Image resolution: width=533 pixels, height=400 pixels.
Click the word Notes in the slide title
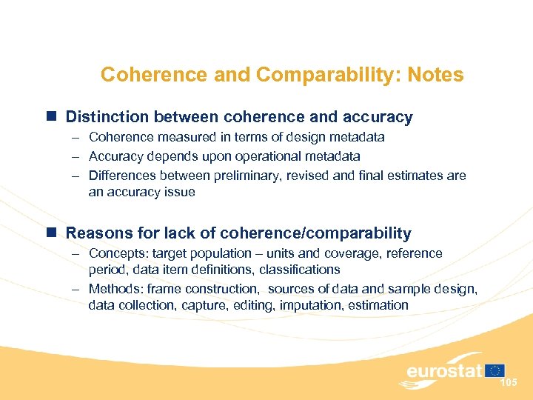435,75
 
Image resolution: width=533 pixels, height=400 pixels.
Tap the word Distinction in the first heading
104,117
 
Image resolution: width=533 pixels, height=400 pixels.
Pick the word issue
180,193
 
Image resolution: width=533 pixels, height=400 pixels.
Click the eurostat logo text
443,371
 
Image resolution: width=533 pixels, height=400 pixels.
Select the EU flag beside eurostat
495,370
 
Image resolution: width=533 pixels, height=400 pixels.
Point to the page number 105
509,382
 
